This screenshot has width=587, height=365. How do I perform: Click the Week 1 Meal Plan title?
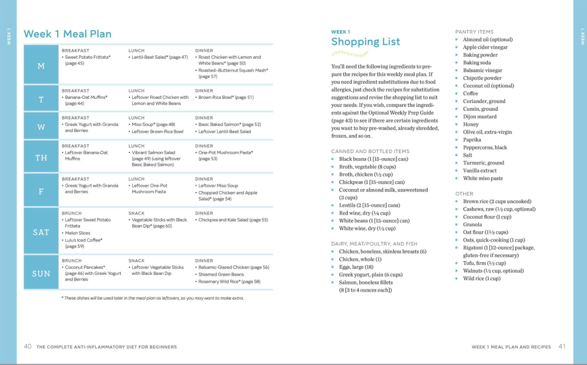click(67, 34)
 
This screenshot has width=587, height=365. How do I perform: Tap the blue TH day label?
click(41, 158)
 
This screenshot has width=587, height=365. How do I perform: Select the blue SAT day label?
click(41, 232)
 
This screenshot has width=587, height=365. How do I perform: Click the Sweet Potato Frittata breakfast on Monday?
click(88, 57)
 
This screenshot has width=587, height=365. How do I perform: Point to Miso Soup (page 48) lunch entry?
click(153, 124)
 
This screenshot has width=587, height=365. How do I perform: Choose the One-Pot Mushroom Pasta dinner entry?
click(226, 152)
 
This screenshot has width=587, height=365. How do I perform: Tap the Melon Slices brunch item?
click(78, 233)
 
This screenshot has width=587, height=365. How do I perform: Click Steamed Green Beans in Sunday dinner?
click(221, 274)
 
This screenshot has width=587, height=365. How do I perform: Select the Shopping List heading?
click(365, 42)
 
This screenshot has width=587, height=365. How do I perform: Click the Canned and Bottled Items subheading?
click(370, 151)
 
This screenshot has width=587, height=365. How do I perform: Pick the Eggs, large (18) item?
click(356, 267)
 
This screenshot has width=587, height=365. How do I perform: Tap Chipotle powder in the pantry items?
click(482, 78)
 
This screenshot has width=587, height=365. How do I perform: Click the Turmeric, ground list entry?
click(484, 163)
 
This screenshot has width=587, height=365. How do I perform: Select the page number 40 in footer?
click(28, 346)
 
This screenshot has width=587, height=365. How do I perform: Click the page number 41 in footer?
click(562, 346)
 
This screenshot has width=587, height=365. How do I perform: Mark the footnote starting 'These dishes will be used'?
click(152, 298)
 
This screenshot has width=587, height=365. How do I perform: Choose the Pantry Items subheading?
click(474, 32)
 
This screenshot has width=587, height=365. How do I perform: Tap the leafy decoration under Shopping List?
click(350, 53)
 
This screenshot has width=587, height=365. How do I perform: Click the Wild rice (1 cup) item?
click(481, 278)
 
